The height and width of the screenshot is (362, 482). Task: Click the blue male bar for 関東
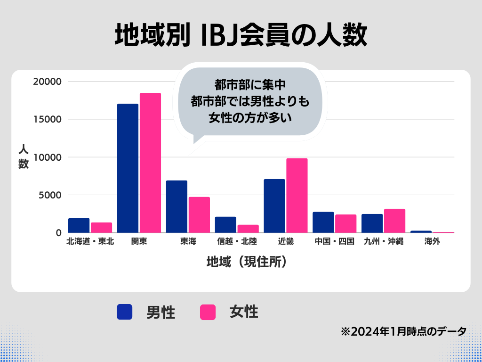[x=128, y=168]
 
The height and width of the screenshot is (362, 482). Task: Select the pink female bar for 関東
[x=150, y=163]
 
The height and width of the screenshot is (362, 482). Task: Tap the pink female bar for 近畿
[x=297, y=196]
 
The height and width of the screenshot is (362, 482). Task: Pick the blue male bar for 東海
[x=177, y=206]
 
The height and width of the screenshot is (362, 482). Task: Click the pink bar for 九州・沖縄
[x=394, y=221]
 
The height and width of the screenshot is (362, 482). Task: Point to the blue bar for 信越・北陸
[x=225, y=225]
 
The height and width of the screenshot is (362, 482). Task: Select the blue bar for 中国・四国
[x=323, y=222]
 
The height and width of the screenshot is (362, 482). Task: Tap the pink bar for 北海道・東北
[x=101, y=228]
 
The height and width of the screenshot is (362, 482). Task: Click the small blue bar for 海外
[x=421, y=231]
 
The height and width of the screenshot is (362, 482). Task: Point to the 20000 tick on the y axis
[x=48, y=82]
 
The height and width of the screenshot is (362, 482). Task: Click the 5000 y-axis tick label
[x=51, y=195]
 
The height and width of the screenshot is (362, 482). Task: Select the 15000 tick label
[x=48, y=119]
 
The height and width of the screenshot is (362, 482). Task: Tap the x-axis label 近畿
[x=286, y=242]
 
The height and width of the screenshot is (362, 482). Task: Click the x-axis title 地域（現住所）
[x=247, y=262]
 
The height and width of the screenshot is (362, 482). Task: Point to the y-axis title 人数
[x=24, y=156]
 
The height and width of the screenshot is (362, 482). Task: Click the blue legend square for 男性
[x=125, y=312]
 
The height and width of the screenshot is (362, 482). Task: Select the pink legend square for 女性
[x=208, y=312]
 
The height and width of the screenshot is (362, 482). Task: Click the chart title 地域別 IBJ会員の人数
[x=241, y=36]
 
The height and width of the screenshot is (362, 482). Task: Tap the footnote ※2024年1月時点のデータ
[x=403, y=331]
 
